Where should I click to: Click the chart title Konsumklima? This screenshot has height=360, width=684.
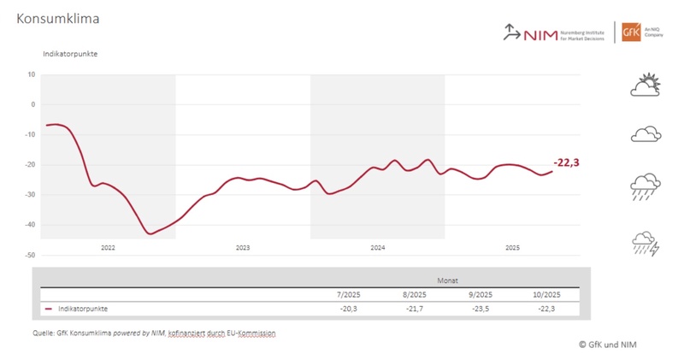56,18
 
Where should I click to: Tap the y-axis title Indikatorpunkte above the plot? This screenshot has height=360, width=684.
70,54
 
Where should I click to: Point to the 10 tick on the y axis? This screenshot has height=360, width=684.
31,74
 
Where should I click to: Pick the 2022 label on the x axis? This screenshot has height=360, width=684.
108,248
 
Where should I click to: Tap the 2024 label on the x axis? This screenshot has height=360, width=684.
377,248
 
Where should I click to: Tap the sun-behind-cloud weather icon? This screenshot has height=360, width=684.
646,85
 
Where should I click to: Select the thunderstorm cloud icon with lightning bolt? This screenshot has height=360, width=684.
646,243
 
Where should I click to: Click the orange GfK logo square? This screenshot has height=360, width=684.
631,32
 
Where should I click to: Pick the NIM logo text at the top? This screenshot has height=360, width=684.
537,32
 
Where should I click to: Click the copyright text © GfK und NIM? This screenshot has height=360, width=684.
606,345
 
